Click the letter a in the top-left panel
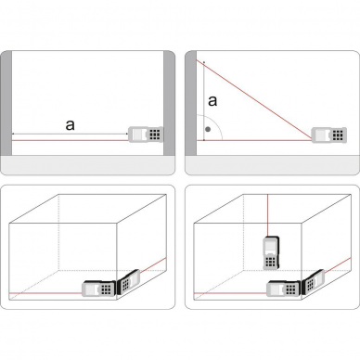pyautogui.click(x=71, y=125)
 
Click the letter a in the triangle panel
pyautogui.click(x=212, y=101)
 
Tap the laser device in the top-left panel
pyautogui.click(x=146, y=135)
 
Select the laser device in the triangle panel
pyautogui.click(x=328, y=135)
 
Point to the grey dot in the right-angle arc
pyautogui.click(x=208, y=129)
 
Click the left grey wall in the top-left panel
pyautogui.click(x=6, y=103)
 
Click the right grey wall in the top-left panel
pyautogui.click(x=169, y=103)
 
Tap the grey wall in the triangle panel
pyautogui.click(x=191, y=103)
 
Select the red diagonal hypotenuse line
pyautogui.click(x=254, y=100)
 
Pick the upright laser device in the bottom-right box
pyautogui.click(x=271, y=253)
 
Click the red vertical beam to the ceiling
pyautogui.click(x=267, y=215)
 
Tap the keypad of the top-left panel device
pyautogui.click(x=155, y=135)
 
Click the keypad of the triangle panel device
pyautogui.click(x=338, y=135)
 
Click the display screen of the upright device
pyautogui.click(x=270, y=246)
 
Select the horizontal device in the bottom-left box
pyautogui.click(x=98, y=289)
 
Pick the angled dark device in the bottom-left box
pyautogui.click(x=128, y=282)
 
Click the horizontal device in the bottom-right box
pyautogui.click(x=284, y=289)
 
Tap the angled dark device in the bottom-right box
pyautogui.click(x=313, y=281)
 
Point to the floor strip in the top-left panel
pyautogui.click(x=87, y=165)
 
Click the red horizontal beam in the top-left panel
pyautogui.click(x=70, y=140)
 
